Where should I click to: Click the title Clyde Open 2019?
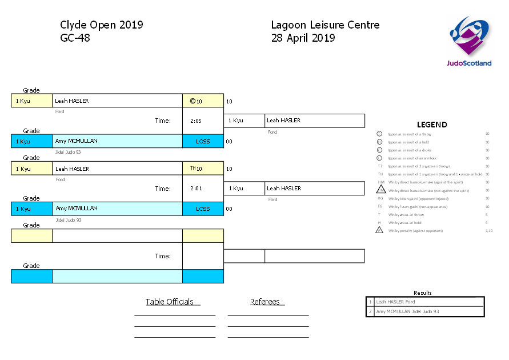[102, 25]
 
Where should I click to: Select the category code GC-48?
[75, 38]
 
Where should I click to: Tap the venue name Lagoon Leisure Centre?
[325, 25]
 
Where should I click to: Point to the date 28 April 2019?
[303, 38]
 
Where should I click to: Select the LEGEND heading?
[432, 125]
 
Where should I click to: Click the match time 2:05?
[195, 121]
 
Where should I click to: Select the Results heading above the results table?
[423, 293]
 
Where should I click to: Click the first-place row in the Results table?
[425, 302]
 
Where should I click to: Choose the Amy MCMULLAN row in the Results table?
[425, 311]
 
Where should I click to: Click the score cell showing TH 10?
[203, 169]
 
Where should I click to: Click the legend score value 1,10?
[488, 231]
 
